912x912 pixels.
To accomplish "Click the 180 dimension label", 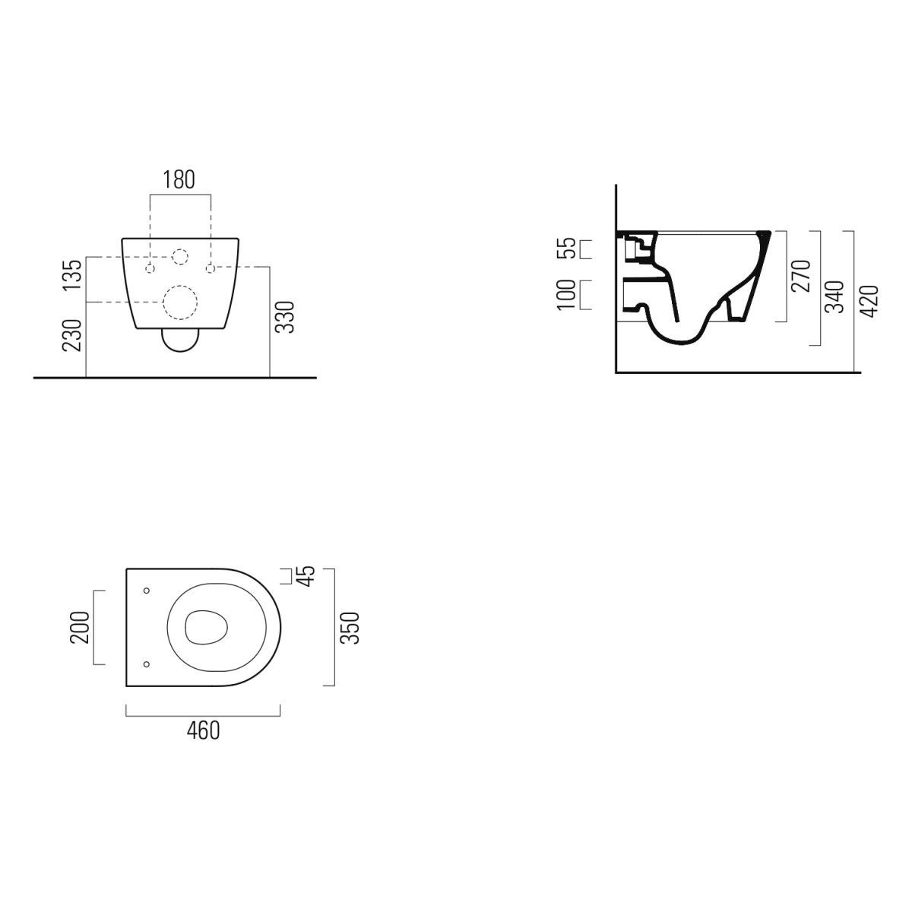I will click(x=180, y=180).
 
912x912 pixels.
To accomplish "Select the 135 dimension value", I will click(x=71, y=275).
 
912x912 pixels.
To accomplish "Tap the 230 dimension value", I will click(x=71, y=334).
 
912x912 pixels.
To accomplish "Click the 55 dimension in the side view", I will click(x=565, y=249).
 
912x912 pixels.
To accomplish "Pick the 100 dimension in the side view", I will click(x=565, y=294).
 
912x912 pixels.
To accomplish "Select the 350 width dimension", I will click(x=349, y=628).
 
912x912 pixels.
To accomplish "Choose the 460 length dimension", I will click(x=203, y=730).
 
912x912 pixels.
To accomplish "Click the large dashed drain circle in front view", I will click(x=181, y=303).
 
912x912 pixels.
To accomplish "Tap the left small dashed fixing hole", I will click(x=150, y=268).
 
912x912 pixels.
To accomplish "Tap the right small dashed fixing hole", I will click(x=211, y=268).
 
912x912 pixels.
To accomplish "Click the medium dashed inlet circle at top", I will click(x=181, y=257).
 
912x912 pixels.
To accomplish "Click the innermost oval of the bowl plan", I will click(x=206, y=627).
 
